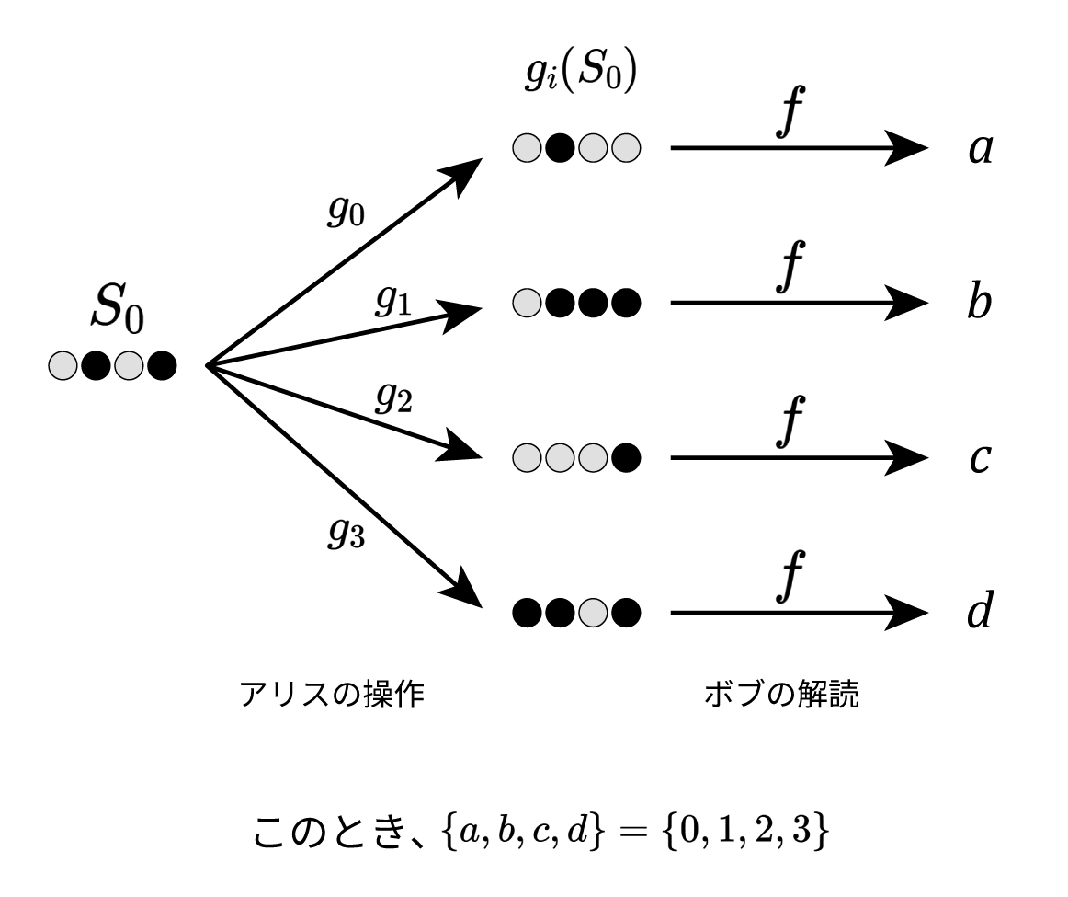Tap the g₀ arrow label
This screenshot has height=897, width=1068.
[347, 212]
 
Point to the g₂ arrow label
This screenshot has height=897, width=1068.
[393, 397]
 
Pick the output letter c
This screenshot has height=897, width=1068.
[980, 456]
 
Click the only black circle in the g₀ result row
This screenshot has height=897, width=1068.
[560, 147]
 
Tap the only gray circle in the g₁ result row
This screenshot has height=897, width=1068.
[528, 301]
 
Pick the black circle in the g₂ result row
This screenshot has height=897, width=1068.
[625, 456]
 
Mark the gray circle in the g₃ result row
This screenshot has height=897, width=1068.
[593, 610]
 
